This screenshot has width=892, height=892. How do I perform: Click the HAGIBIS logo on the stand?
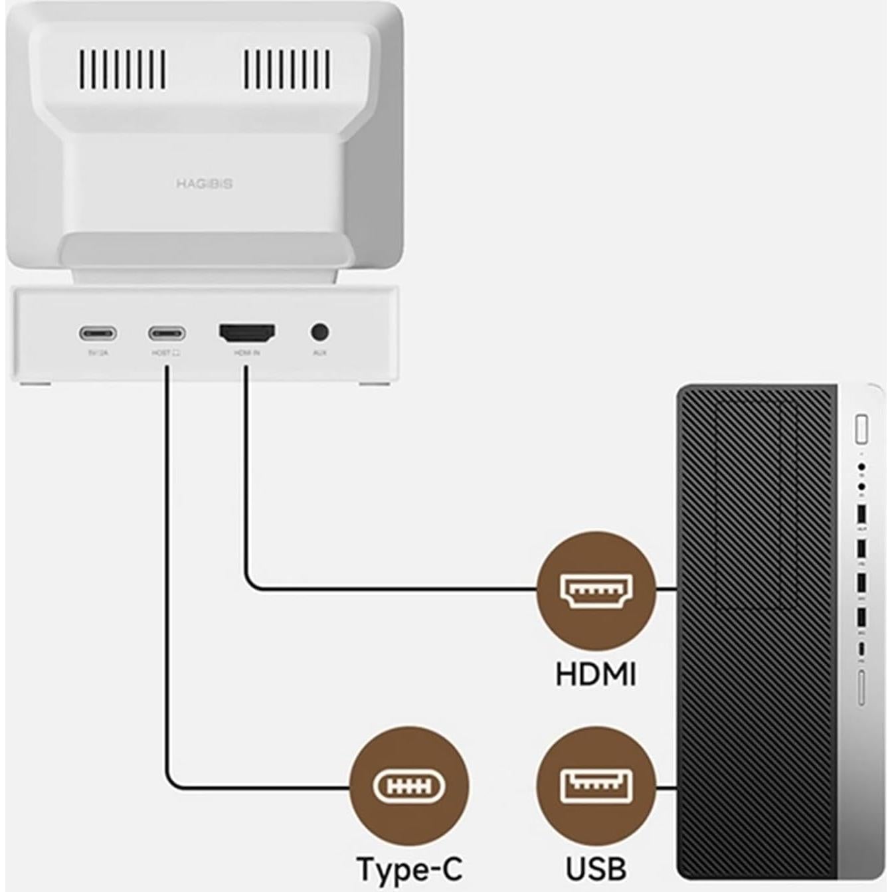205,184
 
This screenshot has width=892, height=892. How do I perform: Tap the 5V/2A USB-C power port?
98,333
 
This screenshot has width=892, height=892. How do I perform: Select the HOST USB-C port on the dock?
167,333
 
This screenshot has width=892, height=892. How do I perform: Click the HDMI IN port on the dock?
247,333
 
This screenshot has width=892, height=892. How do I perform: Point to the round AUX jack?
319,332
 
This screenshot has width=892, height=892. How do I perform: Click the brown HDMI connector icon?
596,588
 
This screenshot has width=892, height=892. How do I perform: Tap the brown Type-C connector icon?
409,787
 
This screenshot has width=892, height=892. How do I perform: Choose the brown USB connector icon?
596,787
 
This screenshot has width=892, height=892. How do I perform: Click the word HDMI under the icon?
596,675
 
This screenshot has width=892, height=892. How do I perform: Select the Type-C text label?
409,869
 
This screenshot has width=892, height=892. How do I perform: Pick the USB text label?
596,869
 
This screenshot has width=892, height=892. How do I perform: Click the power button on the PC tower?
861,429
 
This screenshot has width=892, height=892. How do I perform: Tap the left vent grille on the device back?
124,69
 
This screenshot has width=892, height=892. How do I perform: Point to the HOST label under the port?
165,353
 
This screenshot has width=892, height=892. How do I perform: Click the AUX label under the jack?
319,353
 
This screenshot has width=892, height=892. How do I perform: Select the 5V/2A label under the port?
98,353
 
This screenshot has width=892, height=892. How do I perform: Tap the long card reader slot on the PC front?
861,688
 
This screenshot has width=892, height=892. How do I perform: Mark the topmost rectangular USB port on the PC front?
861,515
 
